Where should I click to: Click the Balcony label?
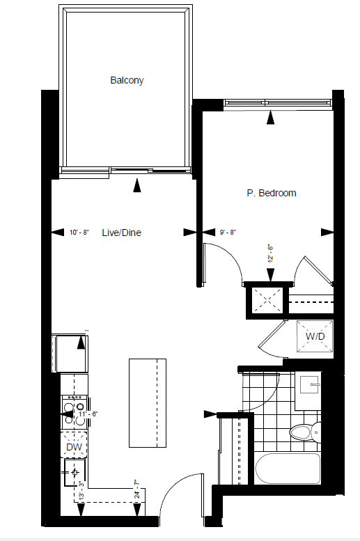point(127,80)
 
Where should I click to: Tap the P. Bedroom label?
point(272,193)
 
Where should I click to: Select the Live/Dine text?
point(121,233)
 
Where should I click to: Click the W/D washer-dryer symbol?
point(315,336)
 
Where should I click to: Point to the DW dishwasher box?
point(74,447)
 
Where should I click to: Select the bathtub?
point(288,469)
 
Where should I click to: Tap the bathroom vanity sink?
point(310,385)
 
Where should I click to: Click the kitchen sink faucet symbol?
point(75,472)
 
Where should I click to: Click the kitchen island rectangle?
point(148,403)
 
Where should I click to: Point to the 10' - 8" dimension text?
point(79,232)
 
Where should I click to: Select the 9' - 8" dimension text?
point(228,232)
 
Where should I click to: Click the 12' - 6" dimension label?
point(270,253)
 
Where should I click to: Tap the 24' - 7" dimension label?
point(137,489)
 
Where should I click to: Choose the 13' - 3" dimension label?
point(81,490)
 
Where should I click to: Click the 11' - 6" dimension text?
point(88,414)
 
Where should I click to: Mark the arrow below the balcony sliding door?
point(137,185)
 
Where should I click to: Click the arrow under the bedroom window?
point(270,117)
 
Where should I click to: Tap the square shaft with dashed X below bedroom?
point(267,301)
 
